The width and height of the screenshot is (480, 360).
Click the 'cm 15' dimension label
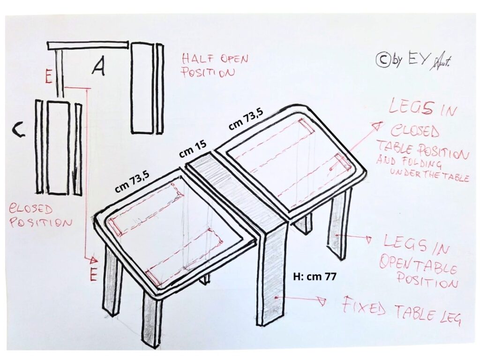[x=193, y=149]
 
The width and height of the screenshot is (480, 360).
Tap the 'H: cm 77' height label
[x=315, y=277]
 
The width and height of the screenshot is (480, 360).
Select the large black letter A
[x=98, y=67]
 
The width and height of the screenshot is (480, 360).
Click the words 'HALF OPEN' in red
[x=215, y=59]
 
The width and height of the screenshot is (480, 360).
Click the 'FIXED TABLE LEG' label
[x=402, y=310]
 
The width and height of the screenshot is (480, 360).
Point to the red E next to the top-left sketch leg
[x=49, y=77]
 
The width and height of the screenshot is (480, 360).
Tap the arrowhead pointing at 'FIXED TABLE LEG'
[x=322, y=302]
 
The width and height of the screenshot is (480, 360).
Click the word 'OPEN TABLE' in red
[x=418, y=265]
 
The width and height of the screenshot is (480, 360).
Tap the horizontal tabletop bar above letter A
[x=88, y=45]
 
